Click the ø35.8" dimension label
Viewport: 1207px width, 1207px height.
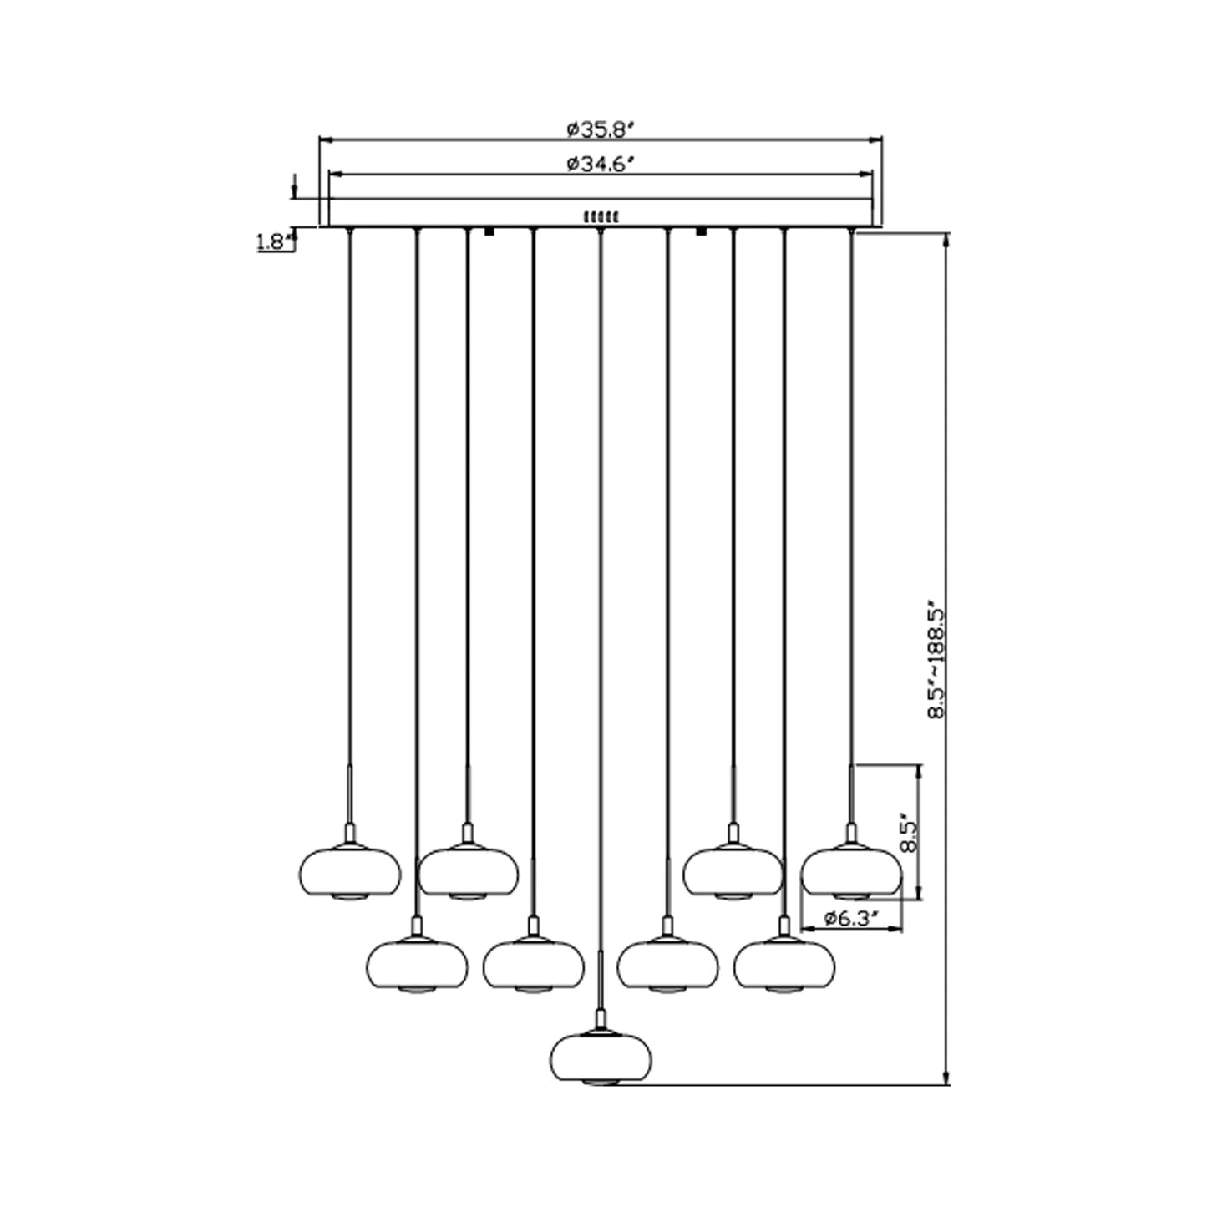pos(601,130)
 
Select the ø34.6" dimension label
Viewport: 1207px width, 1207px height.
pos(601,165)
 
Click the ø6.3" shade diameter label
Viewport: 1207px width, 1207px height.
pos(851,919)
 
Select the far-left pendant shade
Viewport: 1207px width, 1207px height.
pos(350,873)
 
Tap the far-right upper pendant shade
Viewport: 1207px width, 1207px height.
pos(851,873)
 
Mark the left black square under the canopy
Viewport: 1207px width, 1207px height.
pos(489,231)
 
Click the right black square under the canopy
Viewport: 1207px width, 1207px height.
pos(702,231)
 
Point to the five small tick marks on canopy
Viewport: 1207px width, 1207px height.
pos(601,216)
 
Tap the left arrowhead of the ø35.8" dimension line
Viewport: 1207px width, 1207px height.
pos(324,139)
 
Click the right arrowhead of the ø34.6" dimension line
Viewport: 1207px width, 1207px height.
pos(868,175)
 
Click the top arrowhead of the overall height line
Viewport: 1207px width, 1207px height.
pos(946,239)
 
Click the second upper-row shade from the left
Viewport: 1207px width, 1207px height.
pos(468,873)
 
